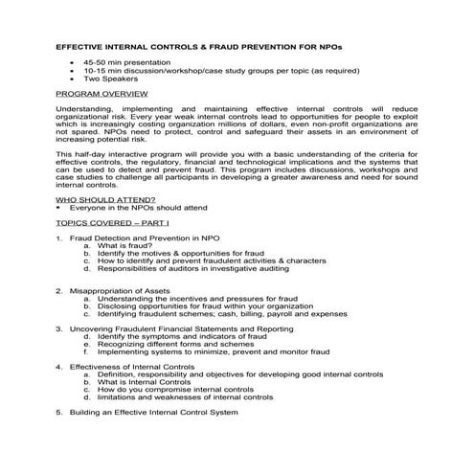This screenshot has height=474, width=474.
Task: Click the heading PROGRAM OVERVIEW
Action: (x=102, y=96)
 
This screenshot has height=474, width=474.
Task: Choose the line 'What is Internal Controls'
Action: (x=144, y=381)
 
